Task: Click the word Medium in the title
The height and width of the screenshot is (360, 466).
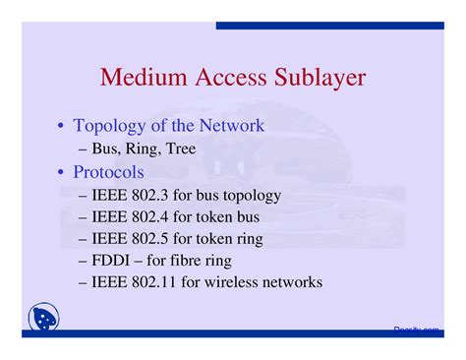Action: click(x=142, y=79)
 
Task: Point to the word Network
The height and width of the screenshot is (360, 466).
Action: click(x=231, y=126)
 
